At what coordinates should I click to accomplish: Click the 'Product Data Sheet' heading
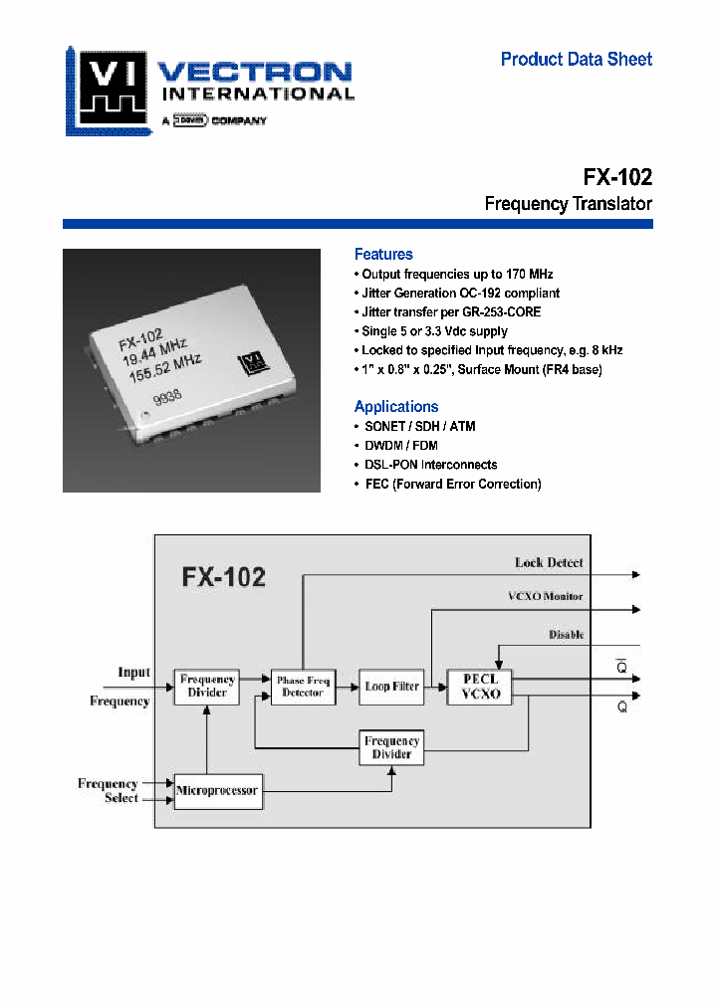point(576,60)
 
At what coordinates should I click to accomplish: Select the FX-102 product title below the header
point(617,177)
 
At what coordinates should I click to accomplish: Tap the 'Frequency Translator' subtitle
point(568,204)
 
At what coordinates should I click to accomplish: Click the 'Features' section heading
point(383,255)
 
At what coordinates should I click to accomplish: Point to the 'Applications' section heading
point(396,406)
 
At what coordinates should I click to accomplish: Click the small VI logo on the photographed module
point(247,365)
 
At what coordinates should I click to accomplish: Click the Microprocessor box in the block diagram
point(218,791)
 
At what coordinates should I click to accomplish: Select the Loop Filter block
point(391,687)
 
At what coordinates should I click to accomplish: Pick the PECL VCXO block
point(480,687)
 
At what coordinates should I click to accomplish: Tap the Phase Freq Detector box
point(303,687)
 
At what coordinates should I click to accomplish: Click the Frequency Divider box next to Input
point(207,687)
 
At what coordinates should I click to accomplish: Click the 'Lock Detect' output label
point(549,563)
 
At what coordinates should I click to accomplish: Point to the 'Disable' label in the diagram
point(566,635)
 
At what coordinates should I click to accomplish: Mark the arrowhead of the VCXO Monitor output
point(636,610)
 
